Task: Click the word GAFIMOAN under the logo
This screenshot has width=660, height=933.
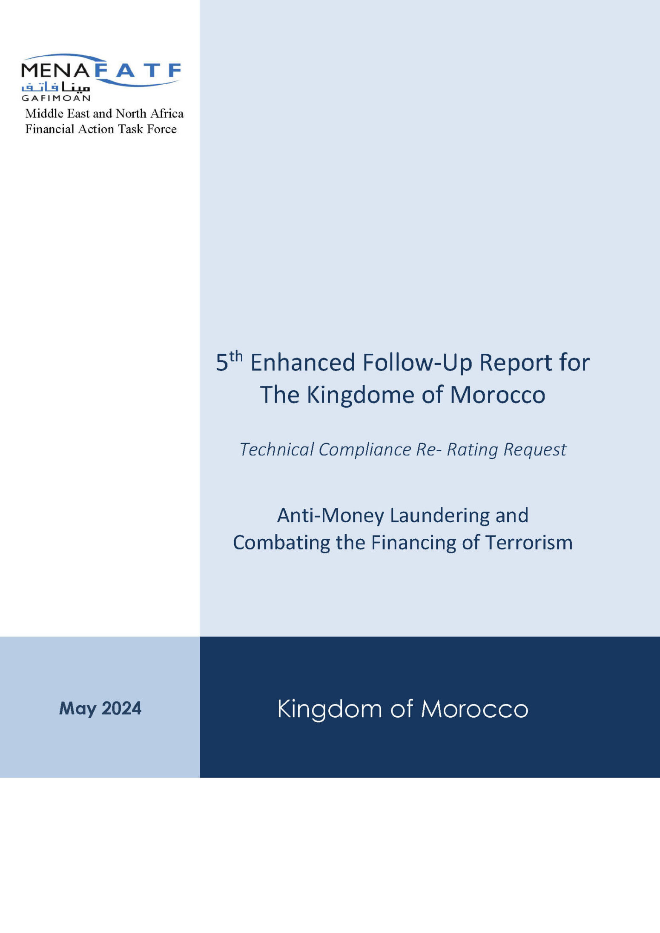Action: pos(56,98)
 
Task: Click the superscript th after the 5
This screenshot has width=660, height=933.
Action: pos(236,356)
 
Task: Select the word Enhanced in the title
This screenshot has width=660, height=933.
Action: pos(303,363)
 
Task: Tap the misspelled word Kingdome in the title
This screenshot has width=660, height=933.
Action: pos(361,395)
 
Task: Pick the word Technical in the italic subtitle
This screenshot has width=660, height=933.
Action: pos(277,449)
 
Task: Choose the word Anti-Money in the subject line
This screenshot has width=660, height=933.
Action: pos(330,515)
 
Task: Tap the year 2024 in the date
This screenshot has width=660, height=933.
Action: pos(121,708)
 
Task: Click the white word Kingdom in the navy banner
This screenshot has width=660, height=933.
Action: pos(330,709)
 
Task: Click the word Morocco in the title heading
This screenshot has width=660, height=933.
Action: pos(497,395)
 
